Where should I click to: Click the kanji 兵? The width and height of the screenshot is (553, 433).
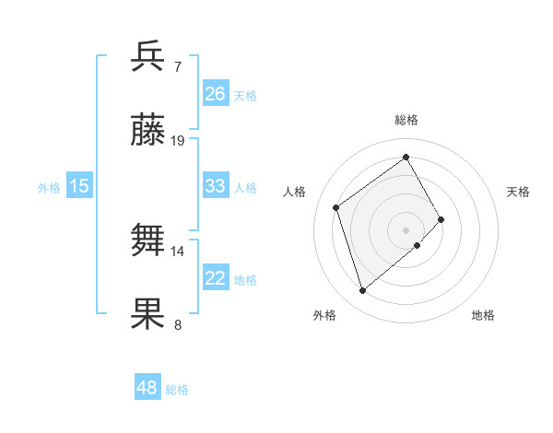coord(149,56)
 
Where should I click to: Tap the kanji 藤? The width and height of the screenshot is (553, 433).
coord(149,132)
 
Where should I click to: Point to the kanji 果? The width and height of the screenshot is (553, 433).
coord(149,314)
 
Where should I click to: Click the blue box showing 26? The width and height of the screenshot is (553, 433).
coord(215,94)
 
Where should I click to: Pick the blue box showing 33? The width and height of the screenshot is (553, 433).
coord(215,186)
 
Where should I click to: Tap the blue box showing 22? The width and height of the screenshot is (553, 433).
coord(215,278)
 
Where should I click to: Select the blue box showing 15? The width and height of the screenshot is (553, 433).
coord(79,186)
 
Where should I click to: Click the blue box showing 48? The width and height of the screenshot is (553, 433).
coord(147,388)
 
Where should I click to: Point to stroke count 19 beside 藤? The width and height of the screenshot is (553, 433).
coord(178,141)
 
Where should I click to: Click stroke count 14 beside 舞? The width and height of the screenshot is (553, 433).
coord(178,251)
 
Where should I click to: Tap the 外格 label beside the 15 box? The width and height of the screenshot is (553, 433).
coord(49,187)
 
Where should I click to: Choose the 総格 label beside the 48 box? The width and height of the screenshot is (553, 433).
coord(177,390)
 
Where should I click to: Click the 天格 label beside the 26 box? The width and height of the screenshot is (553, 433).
coord(245,95)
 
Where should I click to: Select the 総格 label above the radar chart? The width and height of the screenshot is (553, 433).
coord(406,120)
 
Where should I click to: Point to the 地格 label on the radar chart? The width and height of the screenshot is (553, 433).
coord(483,315)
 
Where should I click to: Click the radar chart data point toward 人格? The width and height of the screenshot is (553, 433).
coord(336,207)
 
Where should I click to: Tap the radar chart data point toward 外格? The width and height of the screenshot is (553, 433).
coord(362,291)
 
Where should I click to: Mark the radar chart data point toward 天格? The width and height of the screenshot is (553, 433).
coord(441,219)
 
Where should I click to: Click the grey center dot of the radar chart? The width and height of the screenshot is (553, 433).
coord(406,229)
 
